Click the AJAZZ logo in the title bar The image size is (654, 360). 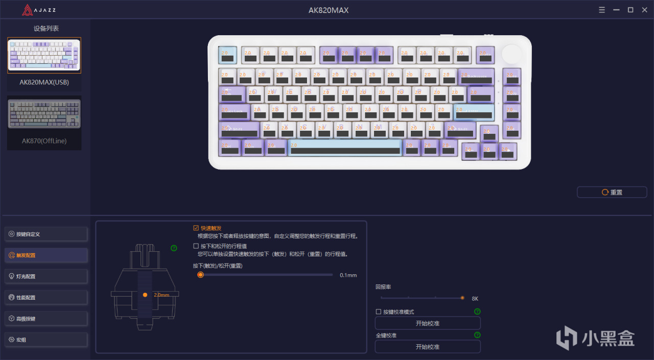coord(38,10)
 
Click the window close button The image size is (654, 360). coord(643,10)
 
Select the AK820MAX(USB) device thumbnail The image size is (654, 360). coord(44,55)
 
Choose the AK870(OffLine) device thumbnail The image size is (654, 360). coord(44,114)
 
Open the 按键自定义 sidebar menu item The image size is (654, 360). coord(46,234)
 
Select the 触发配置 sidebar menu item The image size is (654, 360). coord(46,255)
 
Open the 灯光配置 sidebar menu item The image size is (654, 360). coord(46,276)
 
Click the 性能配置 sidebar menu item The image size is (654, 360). coord(46,297)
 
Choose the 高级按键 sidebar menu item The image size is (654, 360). coord(46,319)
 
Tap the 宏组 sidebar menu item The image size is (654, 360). coord(46,340)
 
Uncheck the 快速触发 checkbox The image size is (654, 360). coord(196,228)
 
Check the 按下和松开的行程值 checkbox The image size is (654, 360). coord(196,246)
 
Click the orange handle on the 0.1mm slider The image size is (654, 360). coord(200,275)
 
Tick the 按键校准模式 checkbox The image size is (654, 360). coord(379,311)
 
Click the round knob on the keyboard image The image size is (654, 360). coord(512,54)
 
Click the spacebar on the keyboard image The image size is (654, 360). coord(345,148)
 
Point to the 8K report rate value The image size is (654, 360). coord(475,298)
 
